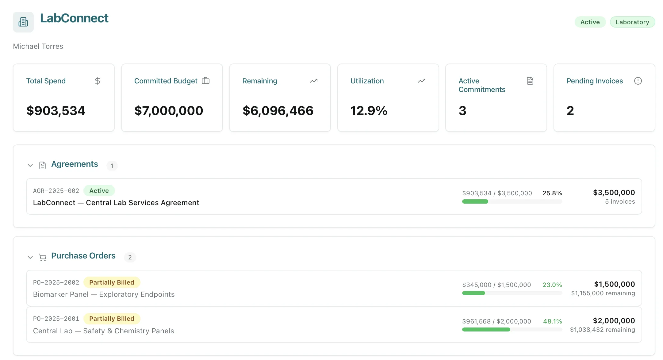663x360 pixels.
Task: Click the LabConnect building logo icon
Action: click(x=23, y=22)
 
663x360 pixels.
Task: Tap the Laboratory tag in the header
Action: click(x=632, y=22)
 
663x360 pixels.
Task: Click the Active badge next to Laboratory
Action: click(x=590, y=22)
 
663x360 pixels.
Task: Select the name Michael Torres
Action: click(x=38, y=46)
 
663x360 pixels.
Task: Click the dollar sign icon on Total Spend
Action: click(x=98, y=81)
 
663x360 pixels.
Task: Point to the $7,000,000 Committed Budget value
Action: click(x=169, y=111)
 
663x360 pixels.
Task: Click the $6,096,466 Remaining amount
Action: click(x=278, y=111)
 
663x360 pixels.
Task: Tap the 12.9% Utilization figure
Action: click(x=369, y=111)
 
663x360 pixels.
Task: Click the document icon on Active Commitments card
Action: click(x=530, y=81)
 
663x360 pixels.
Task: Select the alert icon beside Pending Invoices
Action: click(x=638, y=81)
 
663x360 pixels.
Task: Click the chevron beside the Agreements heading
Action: click(x=30, y=166)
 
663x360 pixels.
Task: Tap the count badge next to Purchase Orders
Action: click(x=130, y=257)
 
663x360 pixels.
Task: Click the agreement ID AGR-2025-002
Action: click(x=56, y=191)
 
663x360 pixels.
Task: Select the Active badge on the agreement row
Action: click(x=99, y=191)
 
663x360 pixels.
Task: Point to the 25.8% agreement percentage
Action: click(x=552, y=193)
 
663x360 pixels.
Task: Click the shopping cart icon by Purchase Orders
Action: click(x=43, y=257)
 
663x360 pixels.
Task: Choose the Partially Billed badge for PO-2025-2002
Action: click(x=112, y=282)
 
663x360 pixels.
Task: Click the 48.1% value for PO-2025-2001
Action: click(x=552, y=321)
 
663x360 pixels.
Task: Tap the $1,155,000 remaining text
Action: click(x=603, y=293)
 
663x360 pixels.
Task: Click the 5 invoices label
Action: click(x=620, y=201)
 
